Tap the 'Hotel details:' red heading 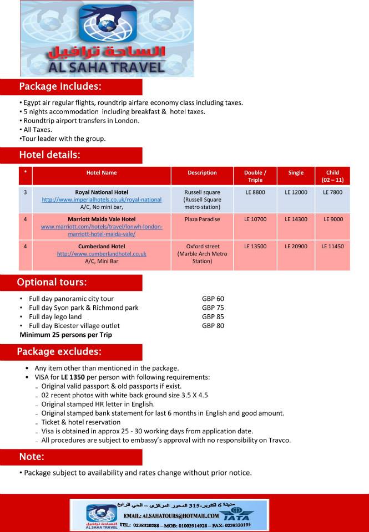point(50,155)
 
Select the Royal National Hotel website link point(102,199)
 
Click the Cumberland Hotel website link point(102,254)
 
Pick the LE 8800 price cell point(255,192)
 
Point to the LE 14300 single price point(296,219)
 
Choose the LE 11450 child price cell point(332,246)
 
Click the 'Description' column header point(202,173)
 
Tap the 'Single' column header point(296,173)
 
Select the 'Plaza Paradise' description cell point(202,219)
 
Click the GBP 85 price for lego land point(213,317)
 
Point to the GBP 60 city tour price point(213,299)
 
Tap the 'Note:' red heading point(32,457)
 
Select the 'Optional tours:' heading point(52,283)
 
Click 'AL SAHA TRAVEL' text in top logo point(107,67)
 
